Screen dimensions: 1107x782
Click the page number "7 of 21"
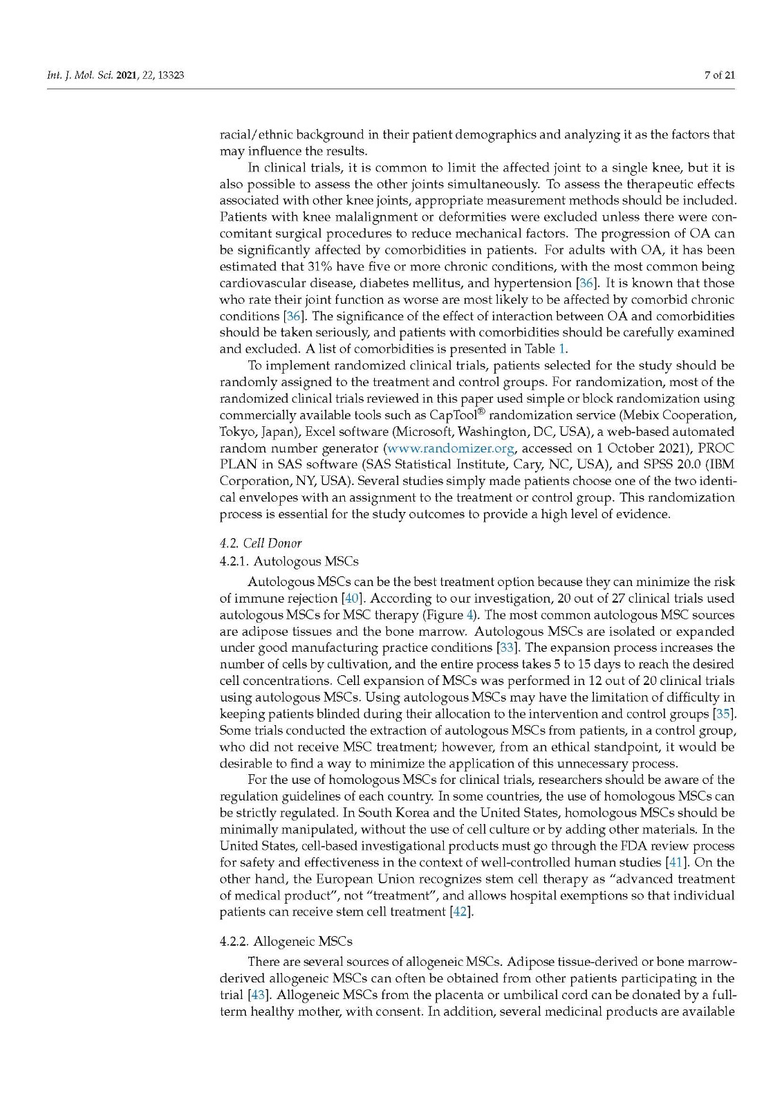(719, 75)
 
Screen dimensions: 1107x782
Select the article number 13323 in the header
(170, 75)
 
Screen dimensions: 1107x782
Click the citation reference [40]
(348, 598)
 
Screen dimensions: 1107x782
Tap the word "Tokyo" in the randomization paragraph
(236, 432)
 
